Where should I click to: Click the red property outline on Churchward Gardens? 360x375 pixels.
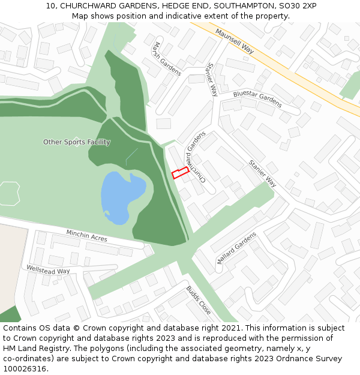coord(181,173)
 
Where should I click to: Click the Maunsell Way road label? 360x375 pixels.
coord(235,42)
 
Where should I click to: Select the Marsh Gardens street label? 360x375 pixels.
coord(167,59)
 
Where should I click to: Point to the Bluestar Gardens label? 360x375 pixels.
coord(257,99)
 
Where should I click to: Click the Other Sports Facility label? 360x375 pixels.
coord(77,142)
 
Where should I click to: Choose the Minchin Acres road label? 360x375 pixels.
coord(87,236)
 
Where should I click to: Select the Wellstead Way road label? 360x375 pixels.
coord(48,268)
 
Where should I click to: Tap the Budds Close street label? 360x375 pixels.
coord(199,300)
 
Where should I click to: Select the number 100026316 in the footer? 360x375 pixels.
coord(23,368)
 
